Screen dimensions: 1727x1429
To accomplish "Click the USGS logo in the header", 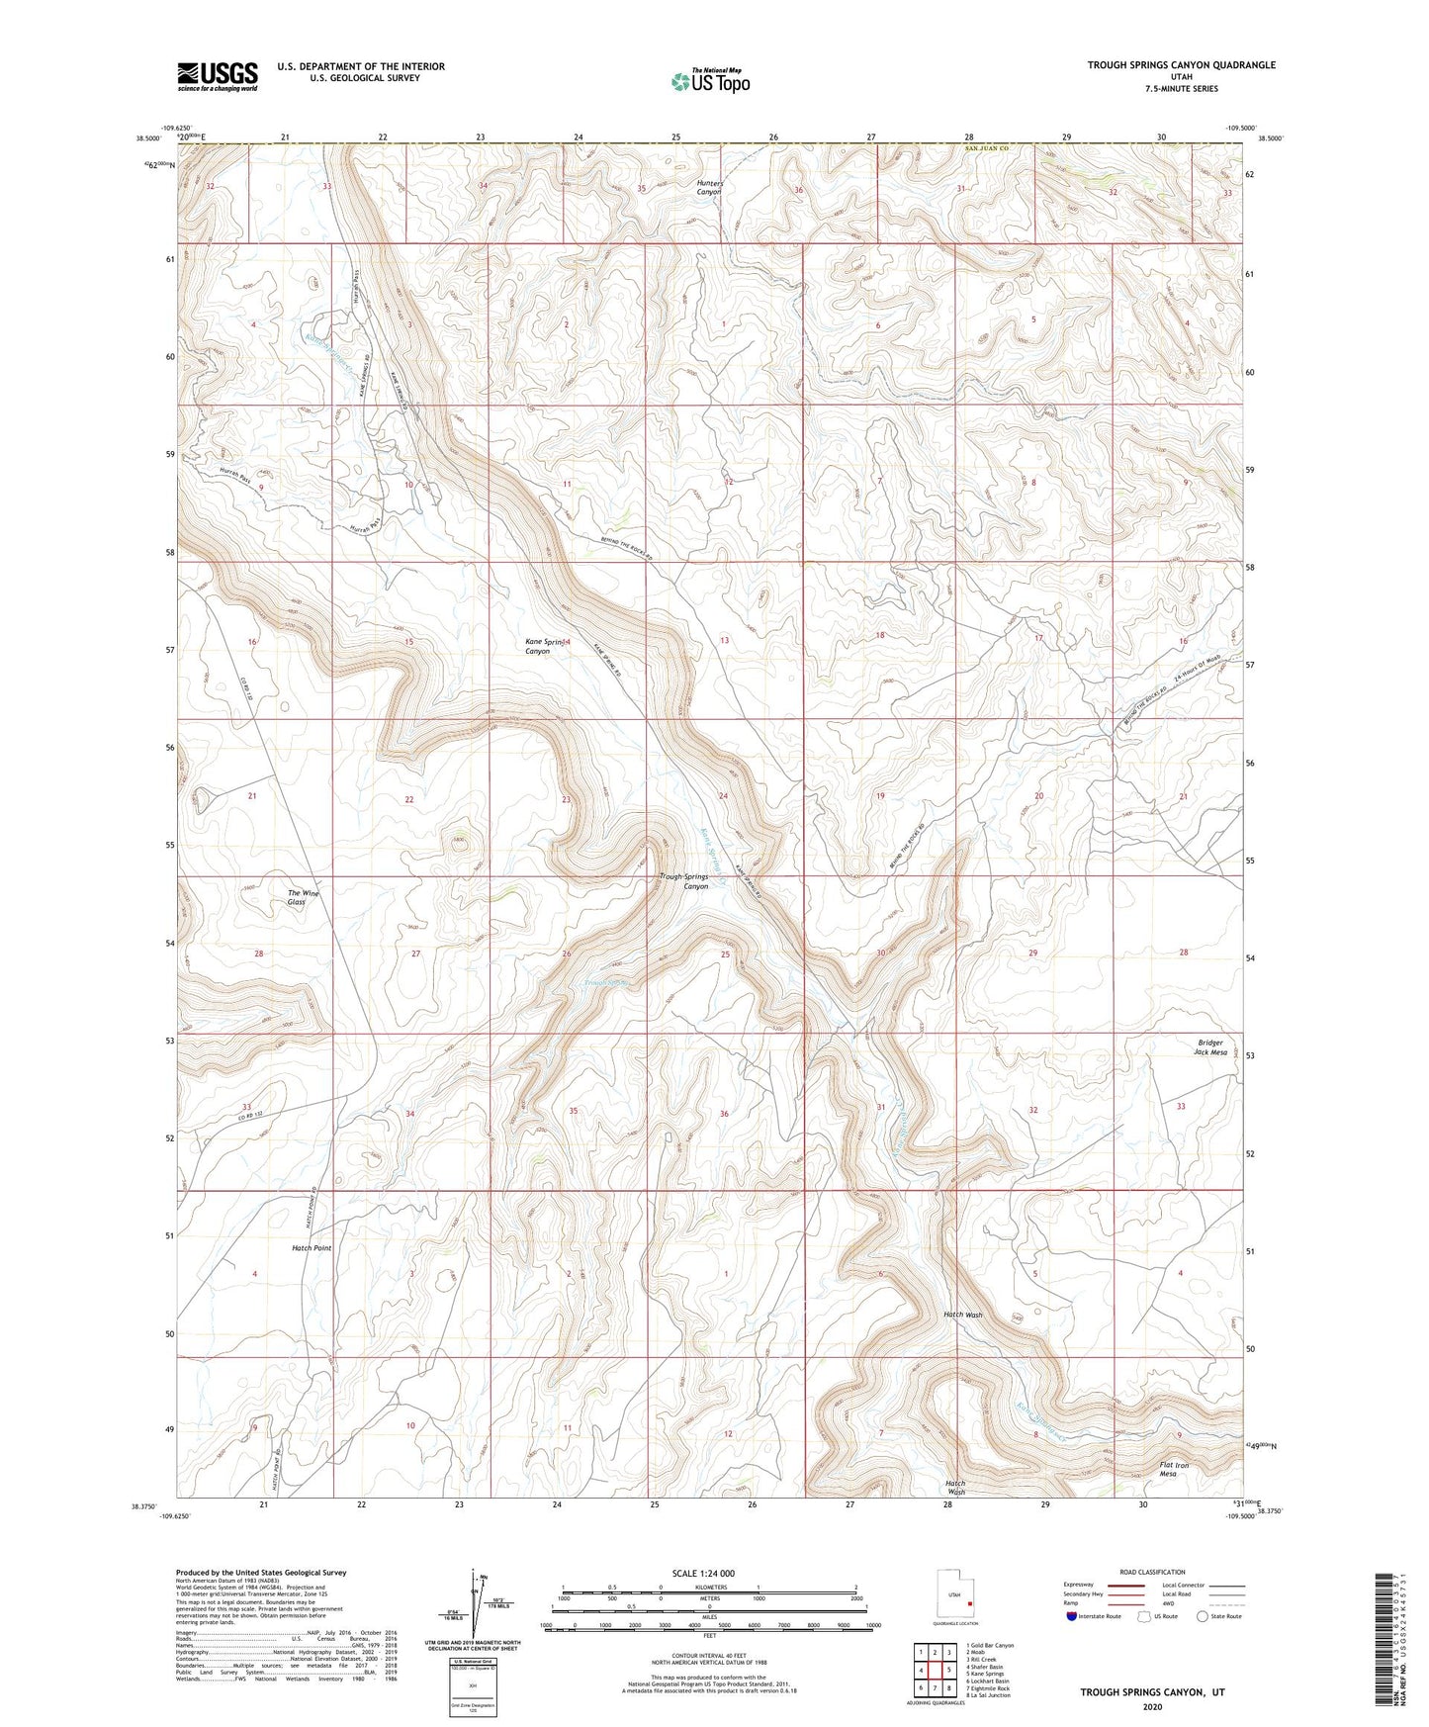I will pyautogui.click(x=218, y=76).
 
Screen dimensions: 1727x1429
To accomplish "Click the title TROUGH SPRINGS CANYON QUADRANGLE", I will pyautogui.click(x=1181, y=65).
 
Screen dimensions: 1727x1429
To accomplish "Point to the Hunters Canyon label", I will pyautogui.click(x=709, y=187).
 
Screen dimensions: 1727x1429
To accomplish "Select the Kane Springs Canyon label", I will pyautogui.click(x=550, y=646).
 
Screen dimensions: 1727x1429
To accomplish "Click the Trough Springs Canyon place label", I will pyautogui.click(x=684, y=881).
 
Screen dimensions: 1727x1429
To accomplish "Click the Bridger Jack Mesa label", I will pyautogui.click(x=1210, y=1046).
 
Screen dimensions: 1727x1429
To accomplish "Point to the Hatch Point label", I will pyautogui.click(x=312, y=1248).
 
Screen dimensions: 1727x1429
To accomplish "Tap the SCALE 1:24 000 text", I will pyautogui.click(x=702, y=1573).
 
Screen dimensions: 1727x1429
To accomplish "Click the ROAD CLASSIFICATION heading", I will pyautogui.click(x=1152, y=1572).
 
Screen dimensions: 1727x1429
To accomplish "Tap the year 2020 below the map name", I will pyautogui.click(x=1151, y=1706).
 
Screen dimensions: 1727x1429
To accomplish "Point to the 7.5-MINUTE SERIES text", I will pyautogui.click(x=1182, y=89).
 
